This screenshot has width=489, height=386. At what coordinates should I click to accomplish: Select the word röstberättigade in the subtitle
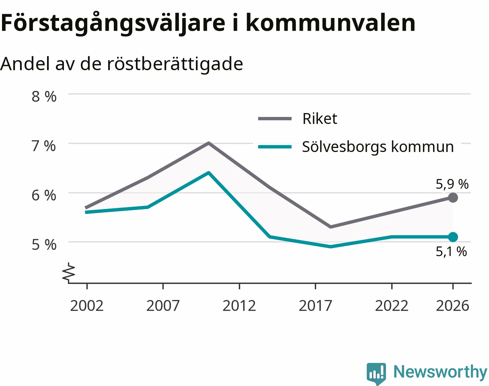coord(175,64)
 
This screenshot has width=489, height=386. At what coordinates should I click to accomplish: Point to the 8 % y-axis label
coord(44,96)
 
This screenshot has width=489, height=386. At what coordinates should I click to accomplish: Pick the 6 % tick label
coord(44,195)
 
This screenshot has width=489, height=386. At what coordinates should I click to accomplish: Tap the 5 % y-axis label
coord(44,245)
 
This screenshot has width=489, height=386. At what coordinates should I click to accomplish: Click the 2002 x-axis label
coord(87,306)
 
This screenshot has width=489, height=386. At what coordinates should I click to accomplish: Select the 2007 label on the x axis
coord(163,306)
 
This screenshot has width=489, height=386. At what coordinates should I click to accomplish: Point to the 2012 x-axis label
coord(239,306)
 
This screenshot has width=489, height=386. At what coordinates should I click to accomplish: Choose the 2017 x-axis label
coord(315,306)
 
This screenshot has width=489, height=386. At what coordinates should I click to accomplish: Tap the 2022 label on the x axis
coord(392,306)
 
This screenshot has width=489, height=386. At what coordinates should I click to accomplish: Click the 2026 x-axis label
coord(453,306)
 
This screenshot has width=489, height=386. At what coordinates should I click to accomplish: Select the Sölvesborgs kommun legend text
coord(378,147)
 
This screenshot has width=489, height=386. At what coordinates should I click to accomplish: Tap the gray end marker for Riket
coord(453,198)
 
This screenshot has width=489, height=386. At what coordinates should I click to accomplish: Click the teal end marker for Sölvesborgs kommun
coord(453,237)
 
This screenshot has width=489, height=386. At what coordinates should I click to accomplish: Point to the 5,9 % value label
coord(452,184)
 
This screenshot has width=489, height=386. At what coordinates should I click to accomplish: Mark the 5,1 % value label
coord(451,251)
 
